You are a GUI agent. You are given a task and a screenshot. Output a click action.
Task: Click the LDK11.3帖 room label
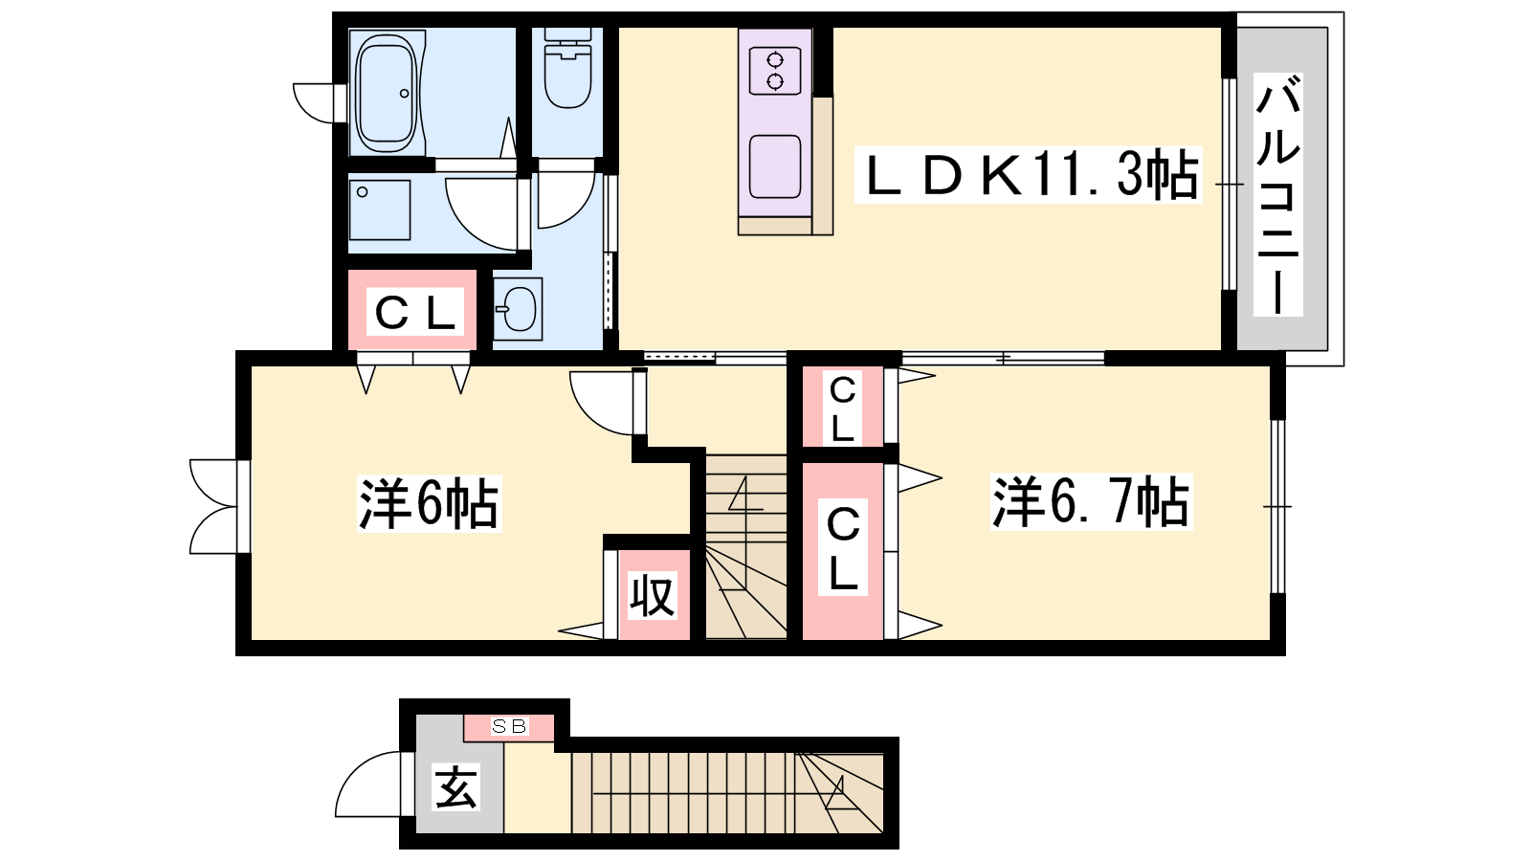1028,175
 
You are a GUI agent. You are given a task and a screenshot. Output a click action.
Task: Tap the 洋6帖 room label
430,503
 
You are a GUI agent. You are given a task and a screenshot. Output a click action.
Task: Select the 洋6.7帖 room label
1091,502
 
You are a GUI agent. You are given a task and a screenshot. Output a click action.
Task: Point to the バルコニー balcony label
1277,195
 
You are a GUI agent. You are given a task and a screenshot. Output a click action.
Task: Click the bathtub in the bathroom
387,93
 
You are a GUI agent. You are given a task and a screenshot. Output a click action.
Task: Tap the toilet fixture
568,68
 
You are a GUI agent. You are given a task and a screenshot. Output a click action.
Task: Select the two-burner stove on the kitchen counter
775,71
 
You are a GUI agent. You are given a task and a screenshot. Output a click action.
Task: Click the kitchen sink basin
775,166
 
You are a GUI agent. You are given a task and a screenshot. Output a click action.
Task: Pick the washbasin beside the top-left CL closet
518,309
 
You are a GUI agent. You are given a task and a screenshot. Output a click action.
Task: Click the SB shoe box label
509,726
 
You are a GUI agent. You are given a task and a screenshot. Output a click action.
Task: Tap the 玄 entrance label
456,785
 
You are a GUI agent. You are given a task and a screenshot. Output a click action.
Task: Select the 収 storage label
653,595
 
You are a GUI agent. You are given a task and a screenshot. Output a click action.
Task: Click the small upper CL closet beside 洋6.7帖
842,408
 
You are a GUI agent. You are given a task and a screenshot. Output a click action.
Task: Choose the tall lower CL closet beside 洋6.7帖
842,550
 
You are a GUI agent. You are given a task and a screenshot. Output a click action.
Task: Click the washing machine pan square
379,210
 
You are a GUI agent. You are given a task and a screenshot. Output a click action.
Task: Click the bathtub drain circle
404,94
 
